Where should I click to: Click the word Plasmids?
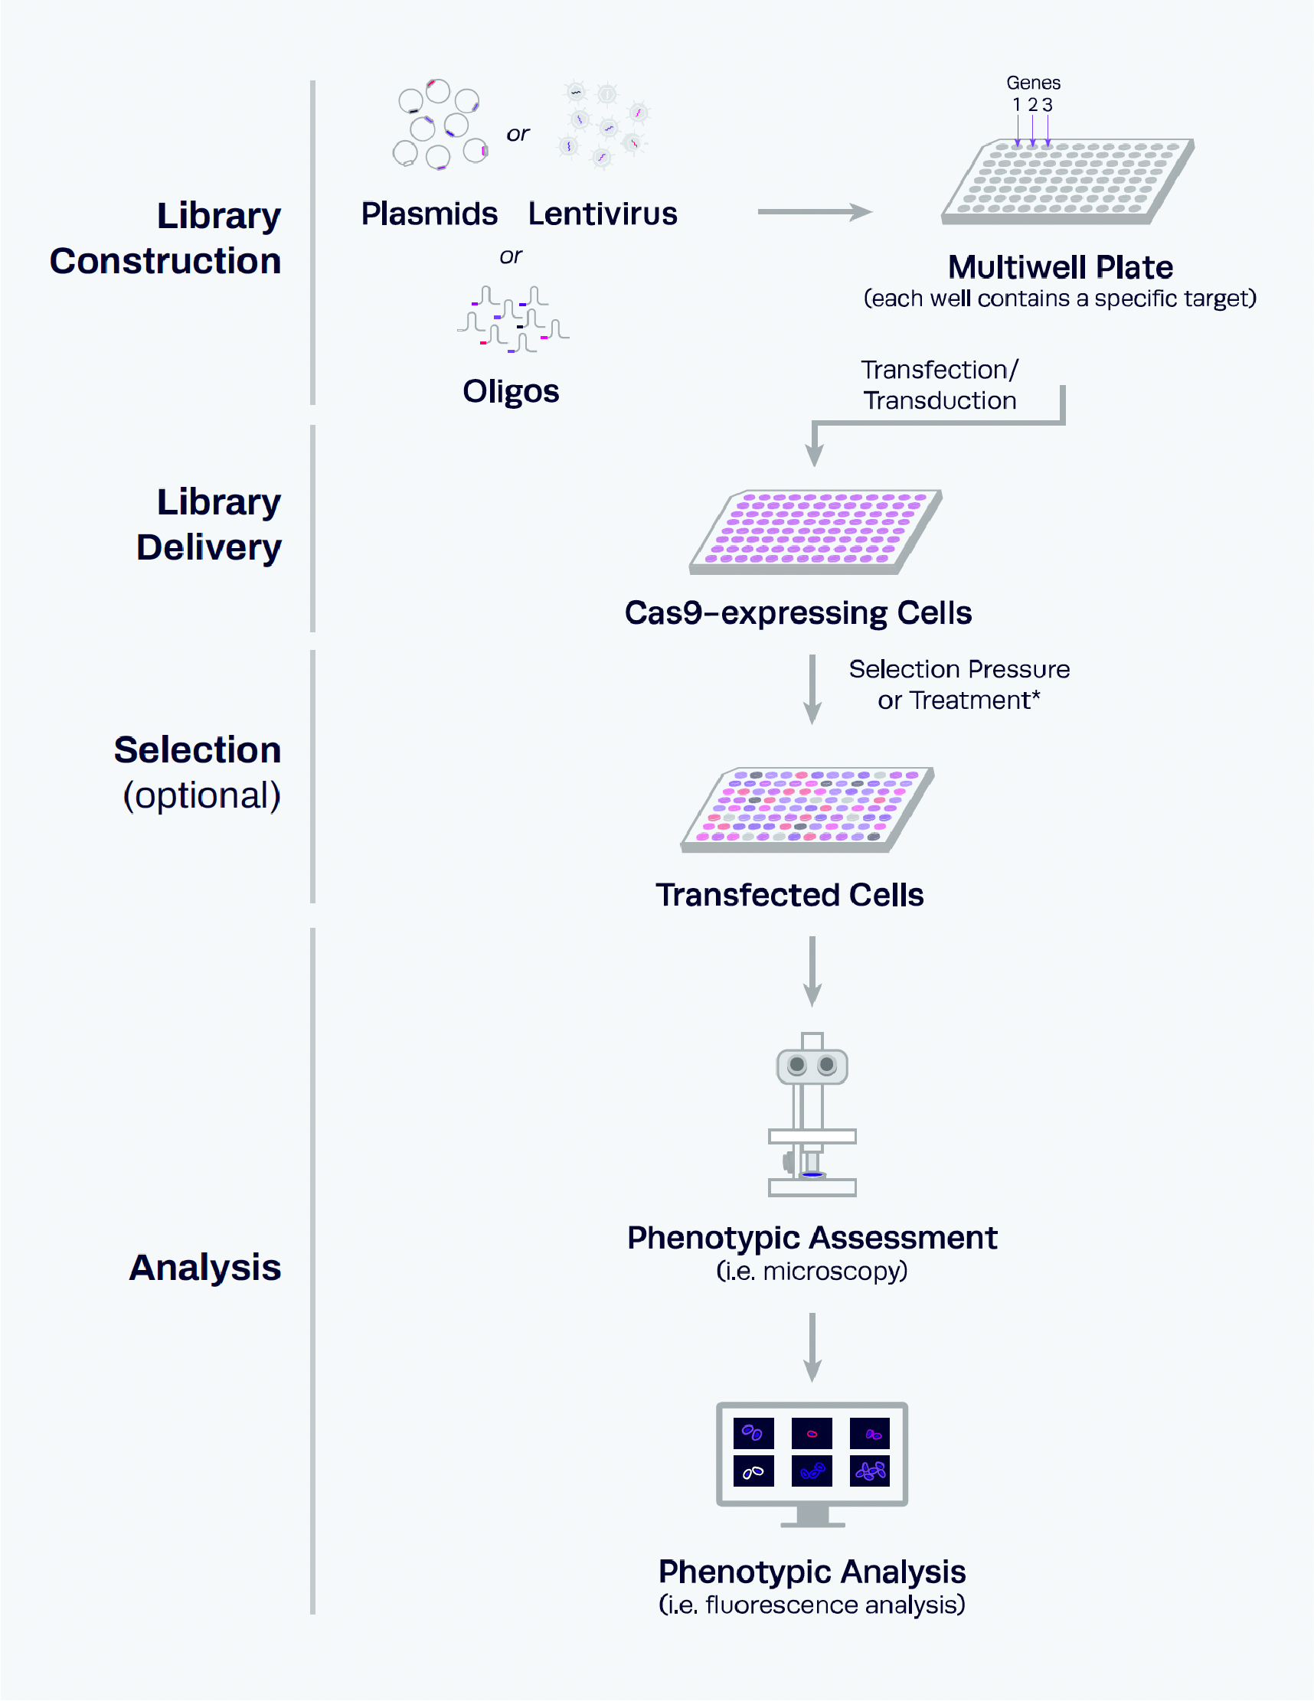point(429,214)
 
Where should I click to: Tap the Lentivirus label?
point(602,214)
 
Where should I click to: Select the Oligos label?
point(511,391)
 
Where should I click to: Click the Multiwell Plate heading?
point(1060,267)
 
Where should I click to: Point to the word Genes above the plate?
point(1033,83)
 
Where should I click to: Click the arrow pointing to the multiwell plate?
point(815,211)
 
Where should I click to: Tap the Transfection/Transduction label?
point(940,385)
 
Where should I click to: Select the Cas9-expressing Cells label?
point(798,613)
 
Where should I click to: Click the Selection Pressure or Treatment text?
point(959,684)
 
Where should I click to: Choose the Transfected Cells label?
point(789,895)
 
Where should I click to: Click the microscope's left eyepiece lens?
point(797,1064)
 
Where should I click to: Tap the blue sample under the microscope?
point(812,1174)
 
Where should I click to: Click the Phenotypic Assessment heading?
point(812,1238)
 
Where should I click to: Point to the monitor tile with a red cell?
point(812,1433)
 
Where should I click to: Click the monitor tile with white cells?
point(753,1471)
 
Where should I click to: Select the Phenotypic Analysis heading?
point(812,1572)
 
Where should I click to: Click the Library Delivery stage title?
point(209,524)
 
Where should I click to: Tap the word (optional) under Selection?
point(201,795)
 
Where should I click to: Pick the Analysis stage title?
point(205,1267)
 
